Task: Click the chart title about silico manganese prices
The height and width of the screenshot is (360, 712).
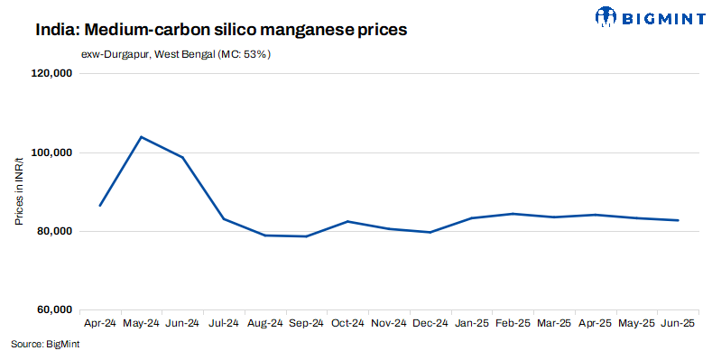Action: point(221,30)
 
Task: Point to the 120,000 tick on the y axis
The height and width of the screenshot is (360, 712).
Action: point(51,75)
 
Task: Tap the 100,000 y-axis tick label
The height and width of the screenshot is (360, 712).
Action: point(51,153)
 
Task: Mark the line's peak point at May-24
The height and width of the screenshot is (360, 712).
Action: point(141,137)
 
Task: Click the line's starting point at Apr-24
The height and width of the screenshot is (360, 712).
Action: point(99,206)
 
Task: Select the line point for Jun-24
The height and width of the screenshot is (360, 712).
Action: point(182,158)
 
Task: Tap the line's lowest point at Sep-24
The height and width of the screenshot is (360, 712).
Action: point(306,236)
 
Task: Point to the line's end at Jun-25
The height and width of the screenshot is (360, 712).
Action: point(678,220)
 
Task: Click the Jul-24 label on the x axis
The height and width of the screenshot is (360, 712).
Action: point(223,323)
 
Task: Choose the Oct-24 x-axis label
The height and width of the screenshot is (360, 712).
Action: point(347,323)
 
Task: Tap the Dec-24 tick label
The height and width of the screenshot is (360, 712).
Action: point(430,323)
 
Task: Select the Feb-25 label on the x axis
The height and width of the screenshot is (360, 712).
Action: point(513,323)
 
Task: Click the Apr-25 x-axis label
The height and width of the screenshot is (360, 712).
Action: point(595,323)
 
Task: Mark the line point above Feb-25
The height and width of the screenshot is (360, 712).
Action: point(513,214)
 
